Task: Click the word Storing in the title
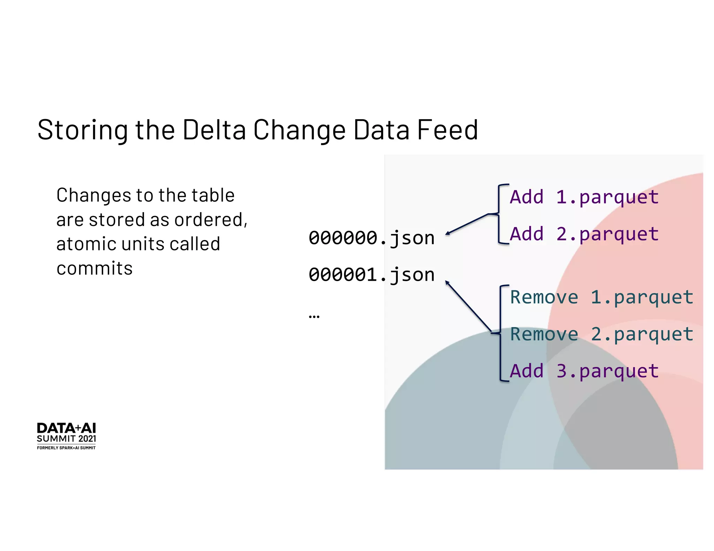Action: coord(83,130)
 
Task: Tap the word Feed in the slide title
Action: coord(447,130)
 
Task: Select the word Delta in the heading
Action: coord(214,130)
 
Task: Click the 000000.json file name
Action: coord(371,238)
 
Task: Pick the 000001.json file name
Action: coord(371,275)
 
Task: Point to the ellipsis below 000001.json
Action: coord(314,316)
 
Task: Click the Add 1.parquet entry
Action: coord(584,197)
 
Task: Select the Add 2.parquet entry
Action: coord(584,234)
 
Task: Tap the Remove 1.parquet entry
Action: coord(601,297)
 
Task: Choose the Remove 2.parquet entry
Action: coord(601,334)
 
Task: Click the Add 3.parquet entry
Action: coord(584,371)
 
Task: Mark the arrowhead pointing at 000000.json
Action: coord(448,233)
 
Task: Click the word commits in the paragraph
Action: coord(94,269)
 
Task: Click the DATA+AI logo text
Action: coord(66,428)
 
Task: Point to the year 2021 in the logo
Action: coord(87,439)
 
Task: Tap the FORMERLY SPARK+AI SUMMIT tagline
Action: coord(66,448)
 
